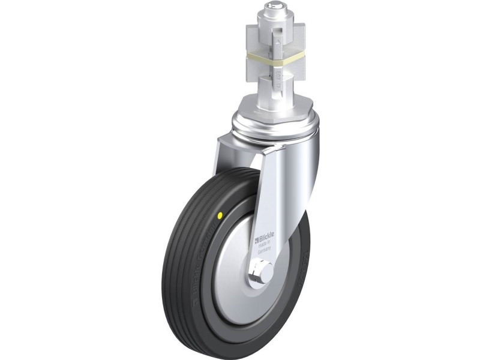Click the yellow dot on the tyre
pyautogui.click(x=221, y=214)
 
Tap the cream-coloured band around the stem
pyautogui.click(x=274, y=60)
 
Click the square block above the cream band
pyautogui.click(x=274, y=40)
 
